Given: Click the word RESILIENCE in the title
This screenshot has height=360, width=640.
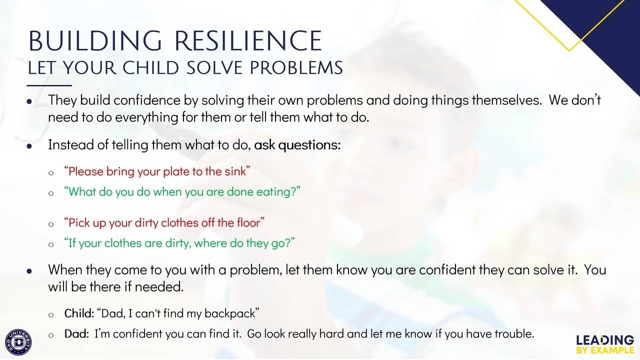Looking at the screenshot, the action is [248, 41].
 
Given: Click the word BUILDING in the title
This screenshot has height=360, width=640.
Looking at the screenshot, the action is [95, 41].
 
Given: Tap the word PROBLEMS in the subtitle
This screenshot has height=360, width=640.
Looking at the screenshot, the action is [296, 67].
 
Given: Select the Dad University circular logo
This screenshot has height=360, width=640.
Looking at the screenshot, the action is [18, 342].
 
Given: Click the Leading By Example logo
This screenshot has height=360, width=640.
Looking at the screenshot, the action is [605, 344].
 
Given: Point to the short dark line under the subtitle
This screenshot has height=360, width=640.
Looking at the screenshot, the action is [49, 85].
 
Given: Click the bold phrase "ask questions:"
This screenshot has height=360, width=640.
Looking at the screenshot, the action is [297, 145].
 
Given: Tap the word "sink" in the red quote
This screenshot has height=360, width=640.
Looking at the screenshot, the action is [235, 171].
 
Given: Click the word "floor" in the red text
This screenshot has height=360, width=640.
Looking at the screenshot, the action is [248, 222].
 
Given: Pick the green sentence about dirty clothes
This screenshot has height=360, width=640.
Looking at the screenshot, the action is [179, 243].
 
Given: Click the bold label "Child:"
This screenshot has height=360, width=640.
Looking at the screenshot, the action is [79, 313].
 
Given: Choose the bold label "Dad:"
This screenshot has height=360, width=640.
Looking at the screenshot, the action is [76, 333].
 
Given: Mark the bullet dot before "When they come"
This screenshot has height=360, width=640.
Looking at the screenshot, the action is [29, 271].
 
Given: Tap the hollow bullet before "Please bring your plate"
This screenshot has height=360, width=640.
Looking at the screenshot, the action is [51, 173].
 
